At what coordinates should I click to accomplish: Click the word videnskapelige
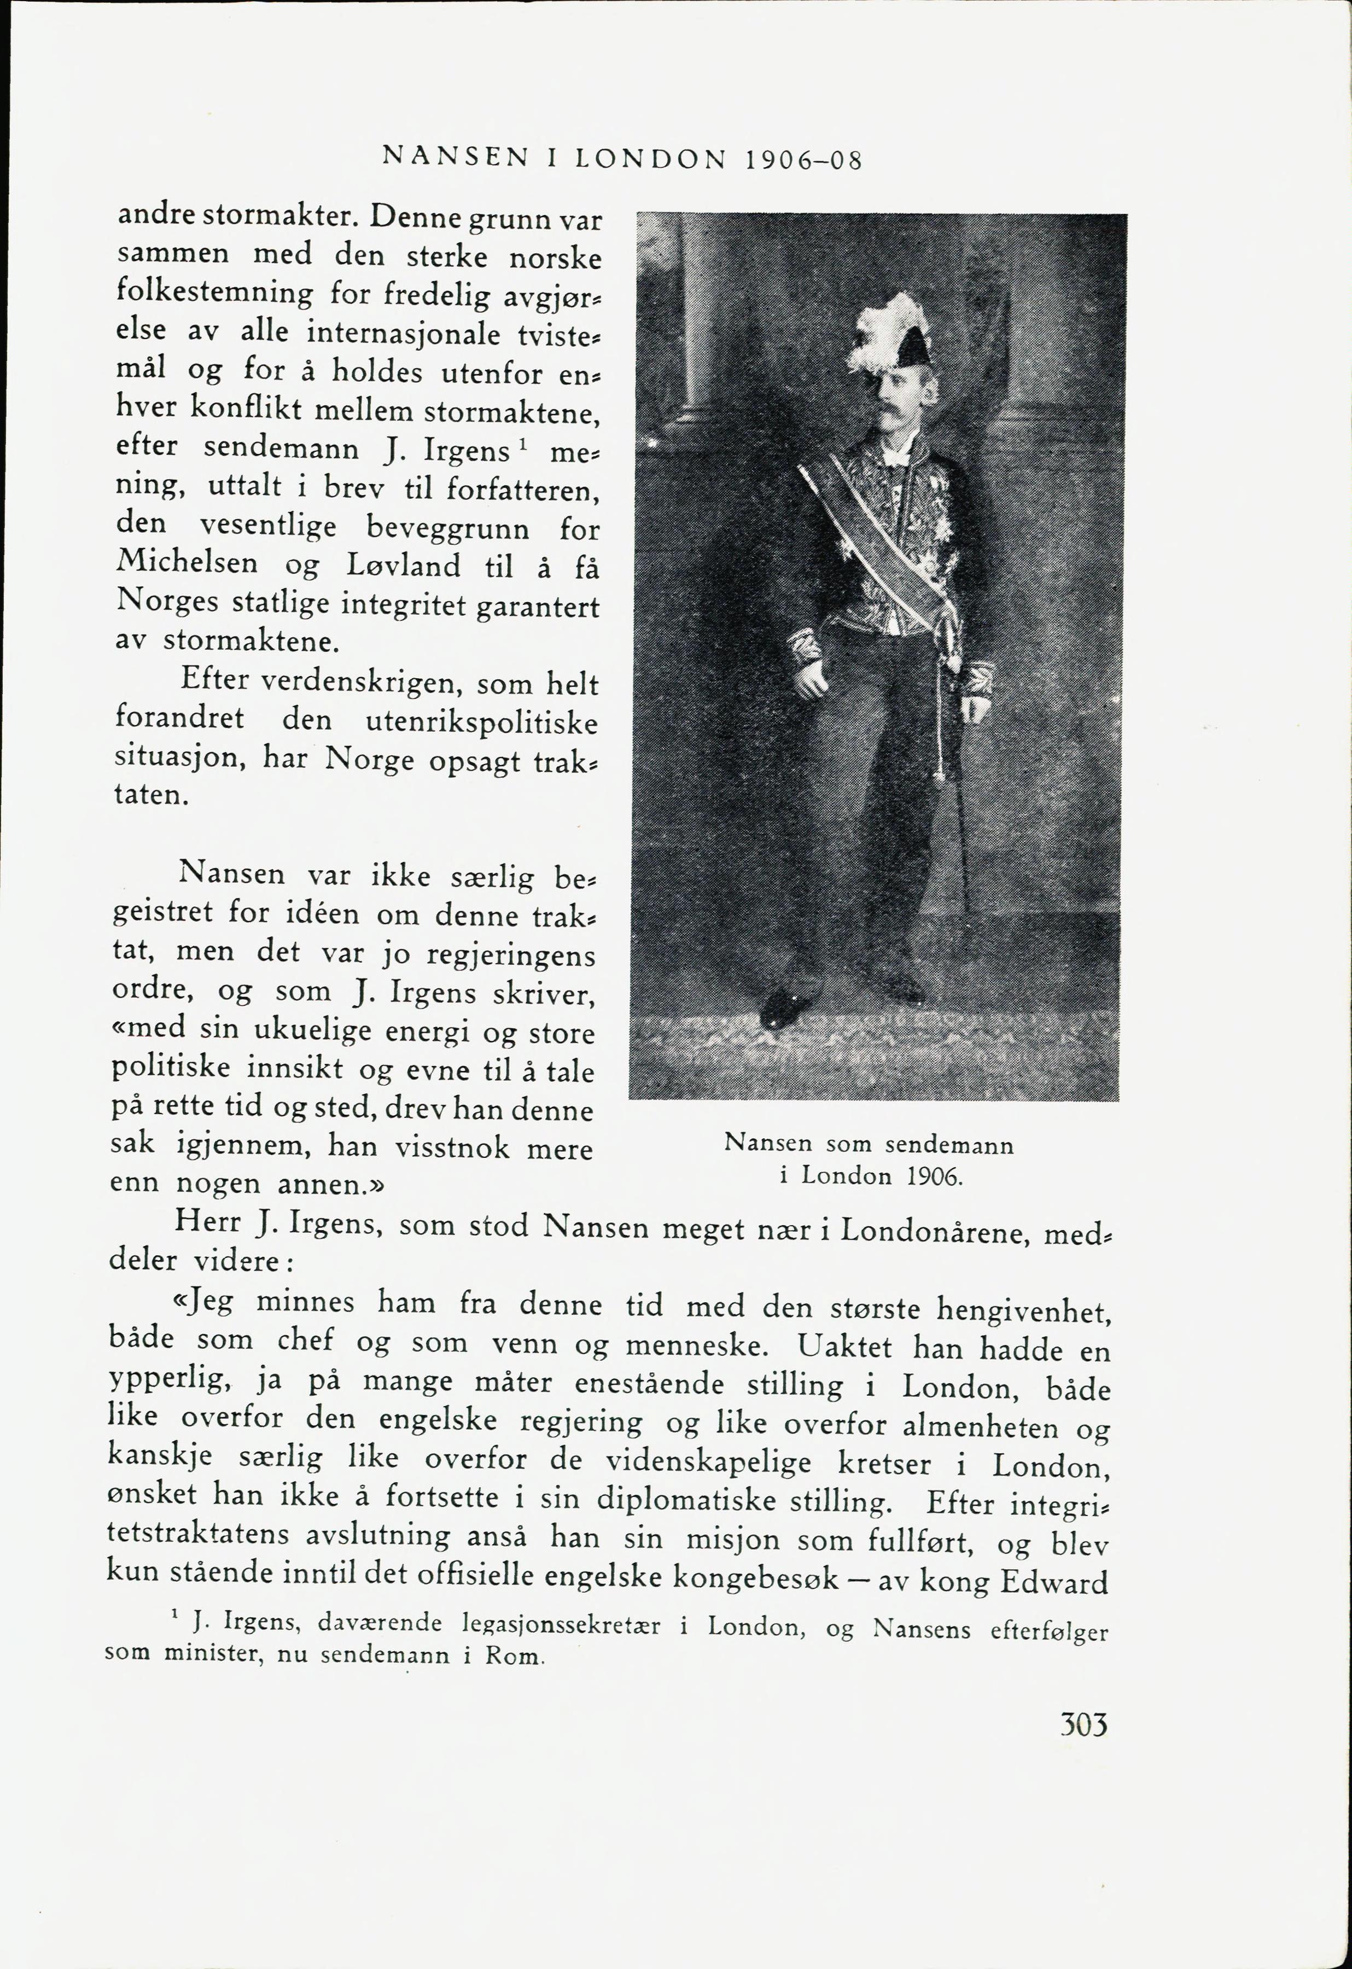(707, 1463)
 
